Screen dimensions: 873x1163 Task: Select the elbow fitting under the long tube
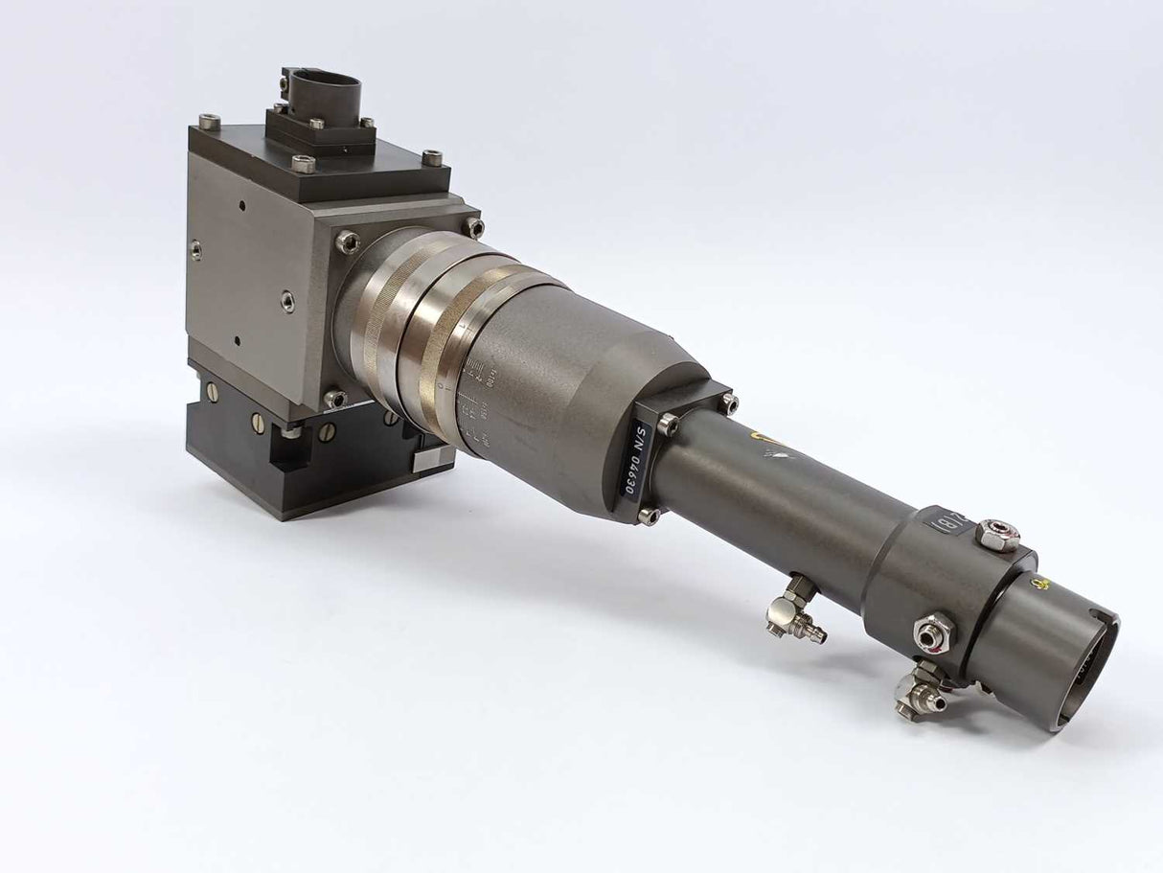click(x=794, y=614)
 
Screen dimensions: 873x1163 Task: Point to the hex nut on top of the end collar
click(x=997, y=535)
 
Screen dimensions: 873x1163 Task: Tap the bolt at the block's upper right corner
click(x=474, y=227)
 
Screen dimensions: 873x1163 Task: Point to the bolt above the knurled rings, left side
click(x=348, y=241)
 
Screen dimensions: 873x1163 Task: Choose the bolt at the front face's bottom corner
click(x=334, y=399)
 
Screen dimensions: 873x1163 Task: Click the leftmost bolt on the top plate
click(x=209, y=122)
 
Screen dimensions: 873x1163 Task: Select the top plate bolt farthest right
click(x=432, y=157)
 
